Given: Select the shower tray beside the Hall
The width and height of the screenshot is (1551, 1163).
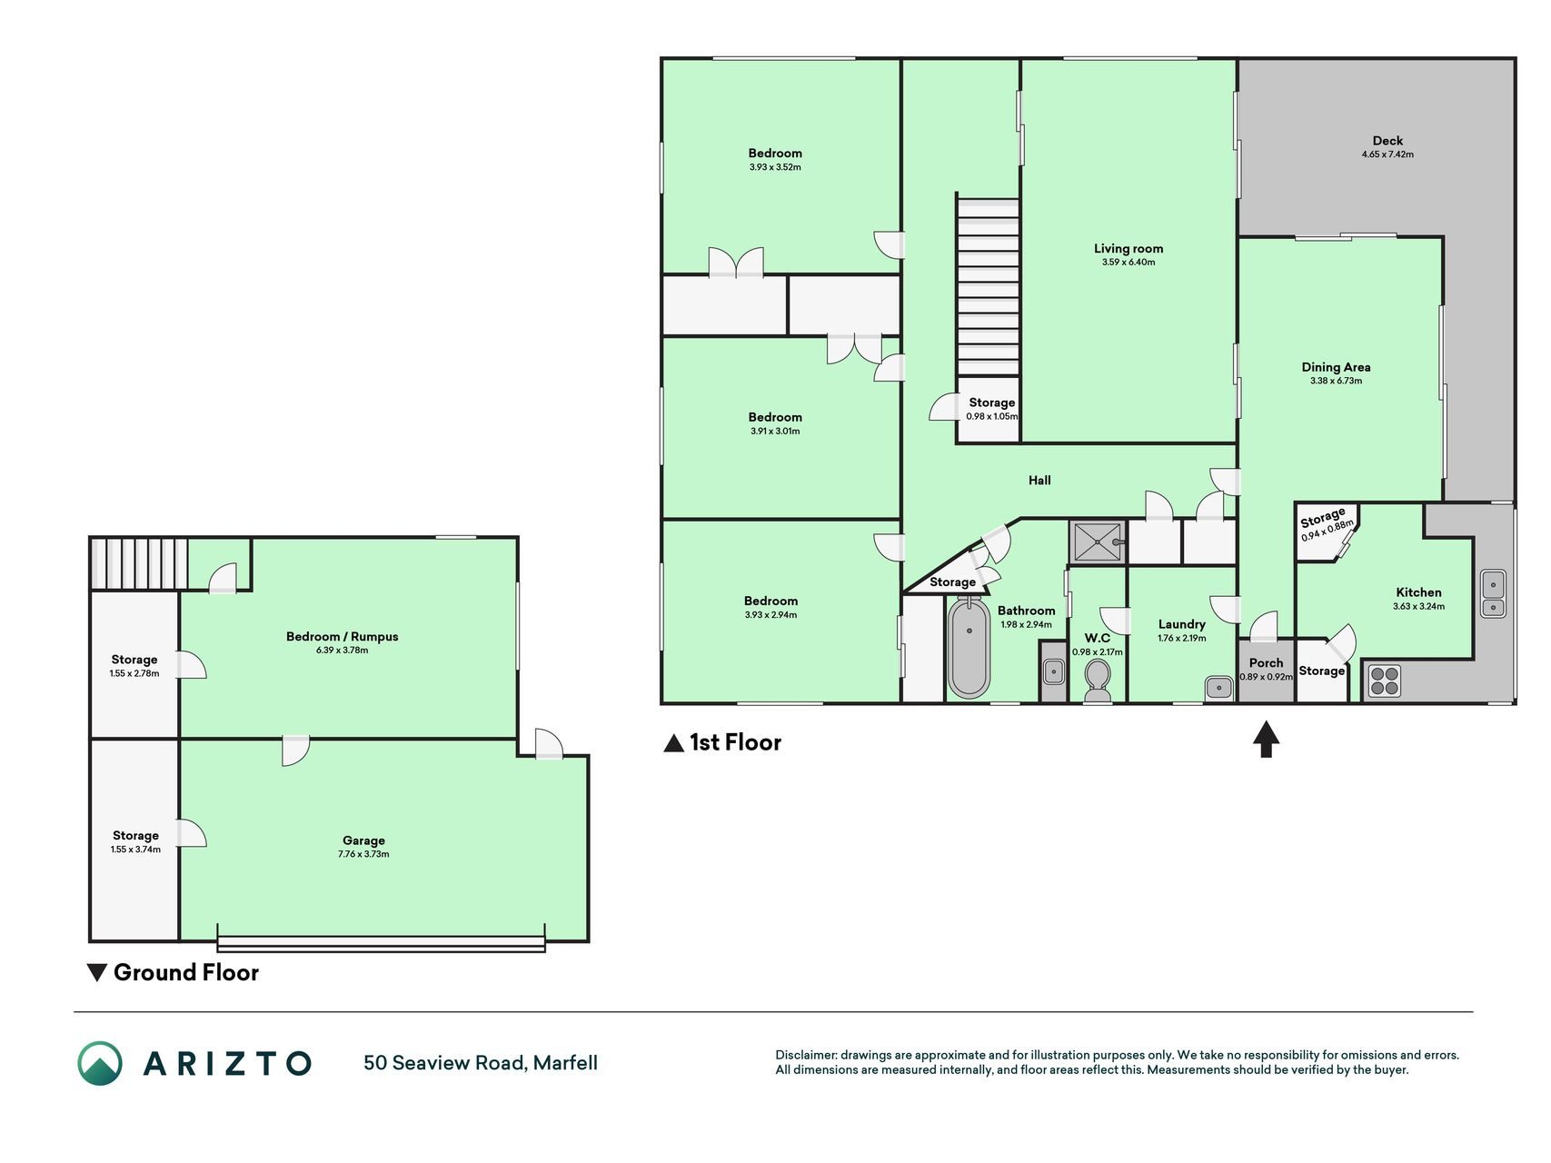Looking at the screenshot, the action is pos(1098,542).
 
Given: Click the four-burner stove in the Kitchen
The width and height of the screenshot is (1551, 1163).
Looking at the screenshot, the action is pos(1384,681).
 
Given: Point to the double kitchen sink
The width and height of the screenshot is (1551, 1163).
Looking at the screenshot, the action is pos(1493,594).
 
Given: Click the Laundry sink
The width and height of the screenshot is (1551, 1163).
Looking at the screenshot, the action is pos(1218,688).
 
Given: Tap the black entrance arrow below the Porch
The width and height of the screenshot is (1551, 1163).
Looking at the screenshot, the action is pos(1266,739).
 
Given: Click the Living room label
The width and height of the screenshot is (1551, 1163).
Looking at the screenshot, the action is pos(1128,248).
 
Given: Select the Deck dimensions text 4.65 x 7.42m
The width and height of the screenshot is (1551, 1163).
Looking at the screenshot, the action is pos(1387,154).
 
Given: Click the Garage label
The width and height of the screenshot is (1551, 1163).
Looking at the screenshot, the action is pos(363,840).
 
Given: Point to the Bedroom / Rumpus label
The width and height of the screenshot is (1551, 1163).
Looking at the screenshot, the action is pos(343,636).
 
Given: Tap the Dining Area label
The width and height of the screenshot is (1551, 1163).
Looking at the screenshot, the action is pos(1336,367).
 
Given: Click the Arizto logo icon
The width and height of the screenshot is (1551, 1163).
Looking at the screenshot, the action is pos(100,1063).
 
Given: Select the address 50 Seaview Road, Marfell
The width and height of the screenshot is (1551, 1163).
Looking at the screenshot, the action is pos(481,1063).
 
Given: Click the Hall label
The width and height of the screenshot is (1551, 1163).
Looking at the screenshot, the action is pos(1039,480).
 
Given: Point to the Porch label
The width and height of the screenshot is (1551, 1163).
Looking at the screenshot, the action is pos(1266,663).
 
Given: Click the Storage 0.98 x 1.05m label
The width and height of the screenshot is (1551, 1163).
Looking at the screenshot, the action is pos(991,409).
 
